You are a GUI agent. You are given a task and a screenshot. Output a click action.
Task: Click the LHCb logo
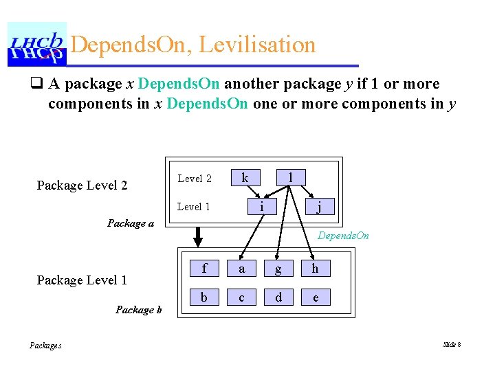point(36,44)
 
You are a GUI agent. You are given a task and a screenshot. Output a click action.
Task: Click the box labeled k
point(245,178)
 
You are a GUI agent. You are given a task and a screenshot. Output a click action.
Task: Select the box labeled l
point(291,178)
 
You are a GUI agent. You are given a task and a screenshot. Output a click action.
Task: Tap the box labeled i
point(261,206)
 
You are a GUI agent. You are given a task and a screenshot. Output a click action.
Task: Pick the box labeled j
point(318,206)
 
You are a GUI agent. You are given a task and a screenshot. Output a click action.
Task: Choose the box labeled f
point(204,269)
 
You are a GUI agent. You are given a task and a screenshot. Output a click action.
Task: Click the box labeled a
point(241,269)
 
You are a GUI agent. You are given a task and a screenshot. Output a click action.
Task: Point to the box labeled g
point(278,269)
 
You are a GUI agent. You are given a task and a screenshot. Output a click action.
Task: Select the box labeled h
point(315,269)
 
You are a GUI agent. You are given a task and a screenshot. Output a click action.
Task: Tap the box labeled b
point(204,297)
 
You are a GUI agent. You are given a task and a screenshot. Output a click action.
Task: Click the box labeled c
point(241,297)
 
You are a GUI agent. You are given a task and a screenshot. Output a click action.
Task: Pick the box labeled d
point(278,297)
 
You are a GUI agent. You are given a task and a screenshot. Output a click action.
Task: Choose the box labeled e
point(315,297)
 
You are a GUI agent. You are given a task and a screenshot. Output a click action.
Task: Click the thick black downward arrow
point(198,237)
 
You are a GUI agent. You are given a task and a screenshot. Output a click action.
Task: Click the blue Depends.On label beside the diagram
point(343,236)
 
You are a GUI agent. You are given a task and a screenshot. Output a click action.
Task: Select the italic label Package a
point(131,223)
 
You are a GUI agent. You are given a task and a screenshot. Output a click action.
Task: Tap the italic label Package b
point(139,310)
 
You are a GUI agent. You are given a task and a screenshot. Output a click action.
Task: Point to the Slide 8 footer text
point(452,344)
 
